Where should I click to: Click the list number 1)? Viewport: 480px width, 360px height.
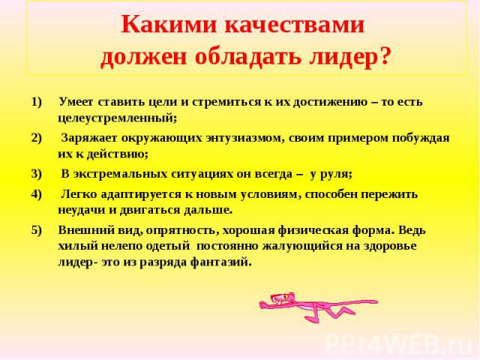point(36,102)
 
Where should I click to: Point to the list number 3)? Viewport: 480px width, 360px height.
point(36,174)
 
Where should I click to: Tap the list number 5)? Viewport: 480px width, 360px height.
point(36,230)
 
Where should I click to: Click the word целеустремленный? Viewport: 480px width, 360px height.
point(117,118)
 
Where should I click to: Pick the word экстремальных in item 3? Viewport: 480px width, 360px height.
point(119,174)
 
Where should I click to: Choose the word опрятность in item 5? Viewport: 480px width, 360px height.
point(182,230)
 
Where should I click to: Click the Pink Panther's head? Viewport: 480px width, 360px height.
point(278,298)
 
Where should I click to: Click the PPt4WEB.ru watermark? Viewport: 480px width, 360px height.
point(399,345)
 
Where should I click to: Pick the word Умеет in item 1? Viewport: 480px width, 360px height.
point(76,102)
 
